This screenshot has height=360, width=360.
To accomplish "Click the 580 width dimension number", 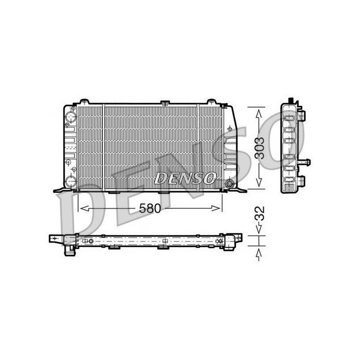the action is click(x=150, y=208).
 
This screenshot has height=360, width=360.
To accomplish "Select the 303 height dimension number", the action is click(x=260, y=148).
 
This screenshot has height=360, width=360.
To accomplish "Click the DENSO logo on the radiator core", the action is click(x=185, y=178).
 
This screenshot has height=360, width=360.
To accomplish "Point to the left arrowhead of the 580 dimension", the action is click(x=85, y=208).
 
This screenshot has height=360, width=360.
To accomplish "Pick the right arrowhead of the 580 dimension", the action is click(x=216, y=208).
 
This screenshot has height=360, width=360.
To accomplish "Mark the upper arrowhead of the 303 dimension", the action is click(x=259, y=114).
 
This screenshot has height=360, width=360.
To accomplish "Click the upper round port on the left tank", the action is click(x=71, y=117).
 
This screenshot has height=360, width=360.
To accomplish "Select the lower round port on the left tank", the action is click(x=71, y=181).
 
